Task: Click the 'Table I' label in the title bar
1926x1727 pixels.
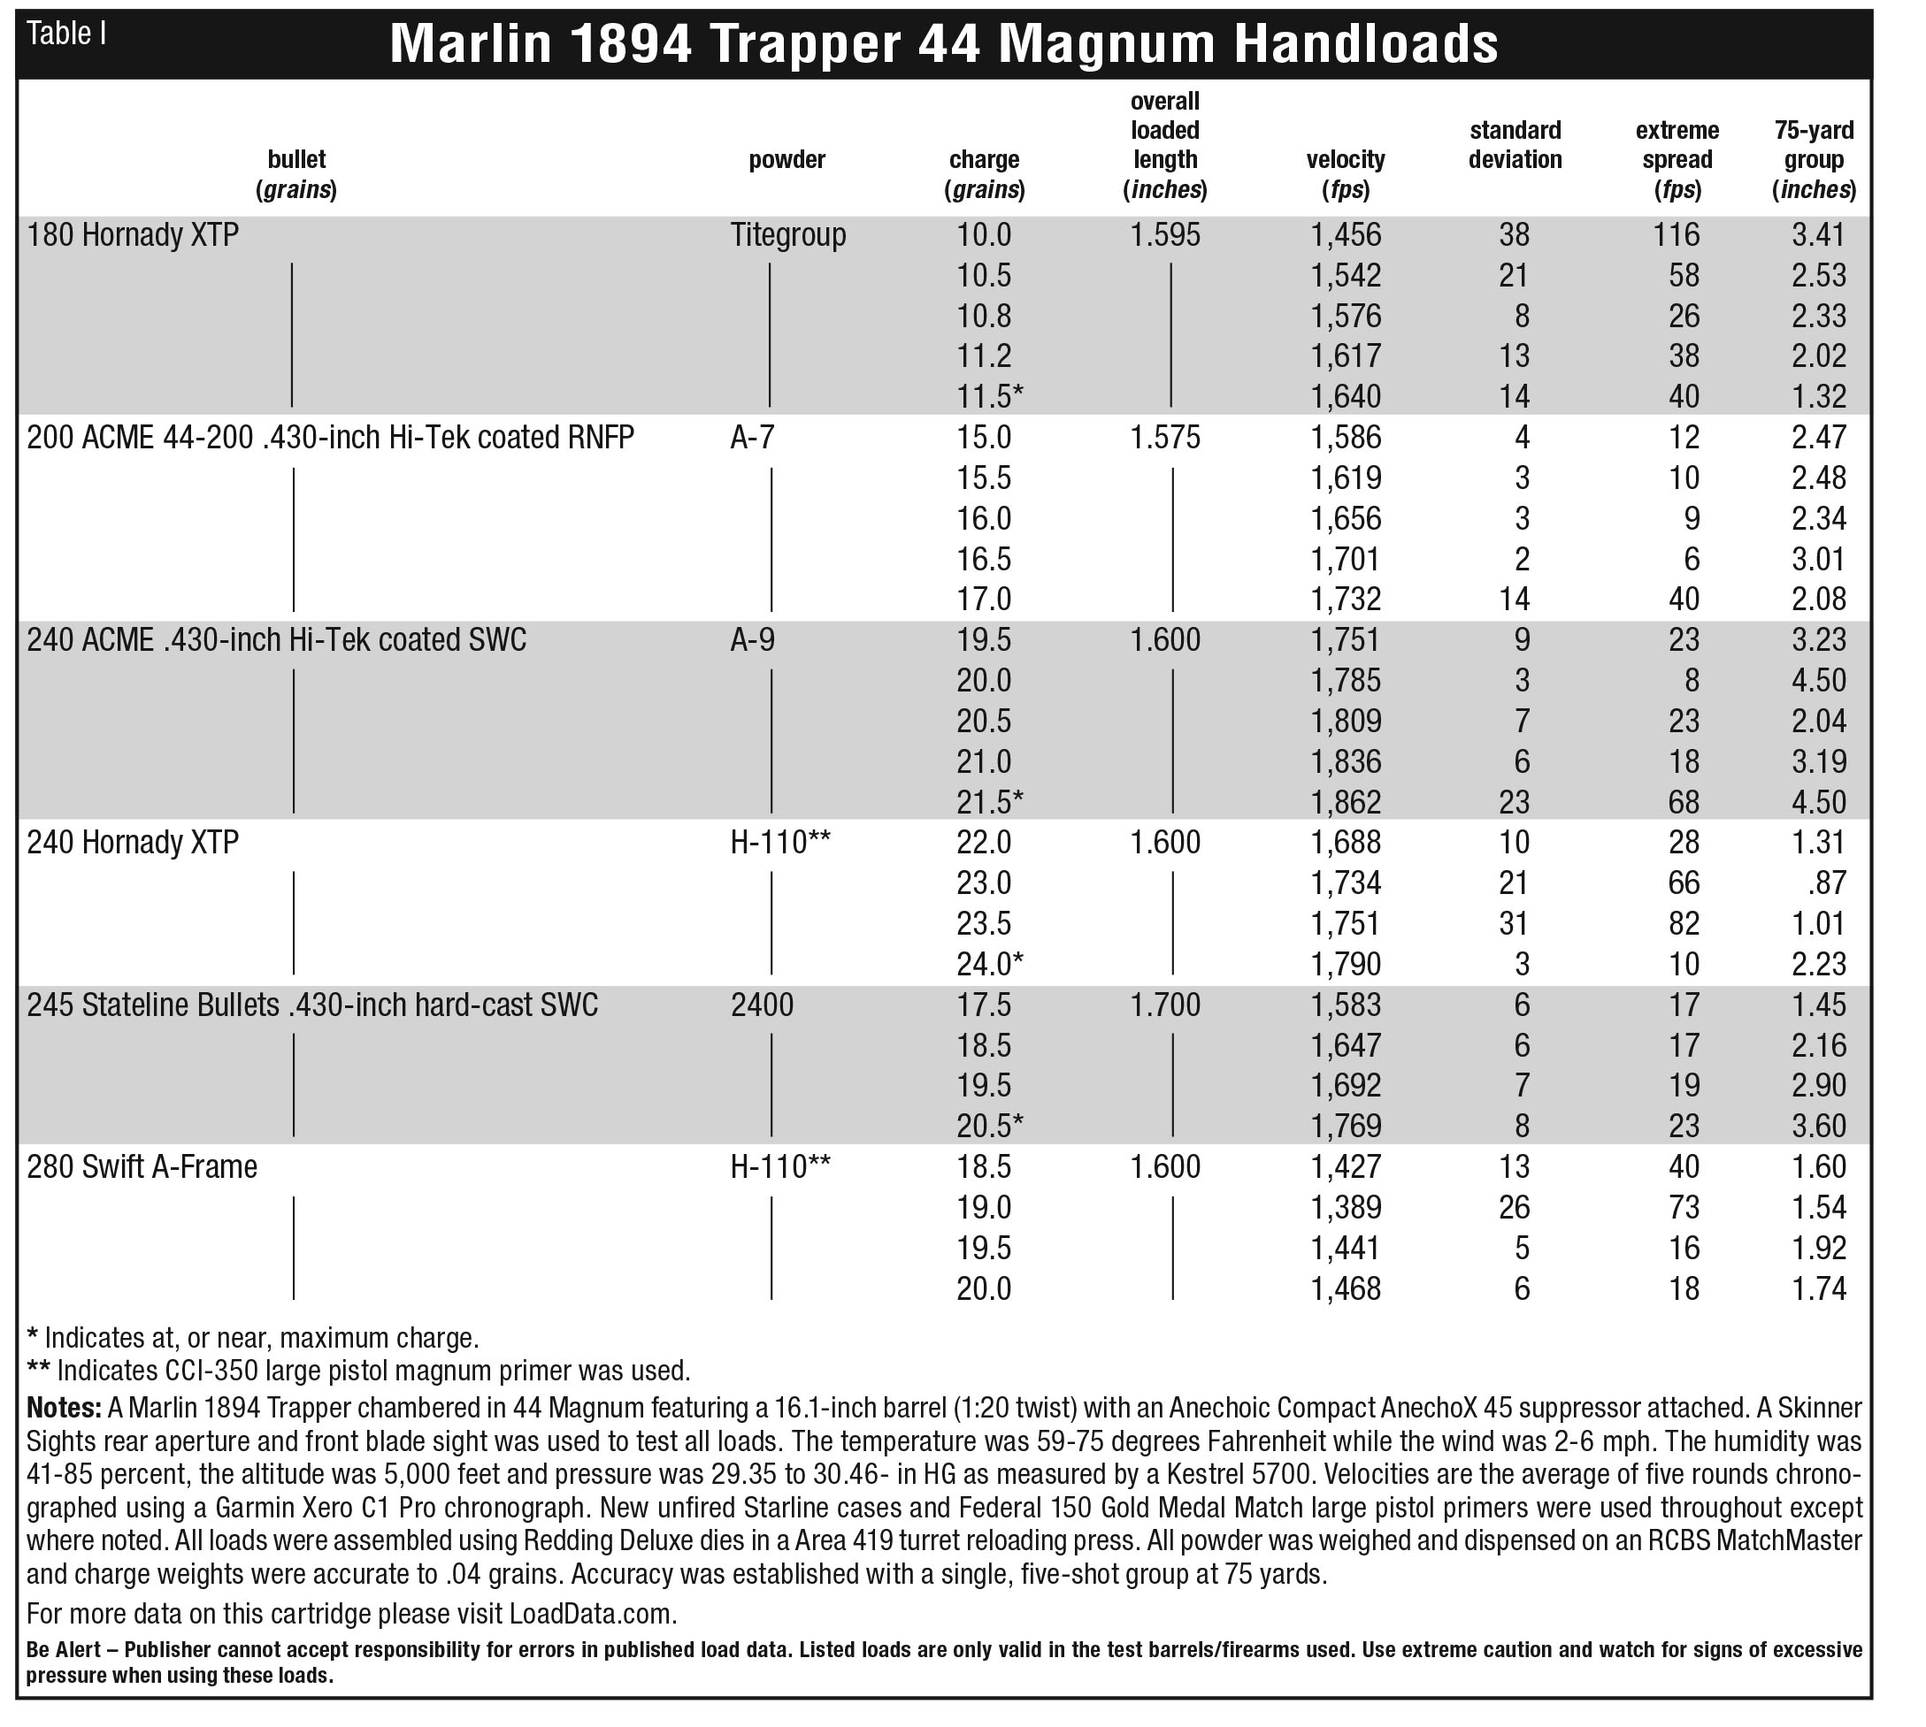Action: (66, 34)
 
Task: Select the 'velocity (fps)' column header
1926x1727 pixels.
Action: (1345, 173)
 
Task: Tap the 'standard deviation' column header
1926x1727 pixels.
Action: (1514, 144)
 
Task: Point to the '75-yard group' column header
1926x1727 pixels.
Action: (1813, 159)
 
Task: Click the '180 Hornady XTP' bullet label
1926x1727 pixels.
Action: (133, 234)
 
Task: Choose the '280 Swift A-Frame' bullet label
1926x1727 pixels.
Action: (142, 1166)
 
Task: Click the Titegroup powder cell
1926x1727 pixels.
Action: (788, 234)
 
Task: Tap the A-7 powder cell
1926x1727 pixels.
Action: (753, 438)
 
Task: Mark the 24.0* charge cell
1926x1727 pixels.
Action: (989, 964)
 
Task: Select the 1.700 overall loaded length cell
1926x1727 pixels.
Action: (1165, 1004)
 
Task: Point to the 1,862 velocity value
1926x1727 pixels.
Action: (1346, 803)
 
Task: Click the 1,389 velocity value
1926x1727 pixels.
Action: (1346, 1207)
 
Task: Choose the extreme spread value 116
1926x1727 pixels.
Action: (1677, 234)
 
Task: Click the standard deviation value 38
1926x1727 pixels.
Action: (1514, 234)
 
